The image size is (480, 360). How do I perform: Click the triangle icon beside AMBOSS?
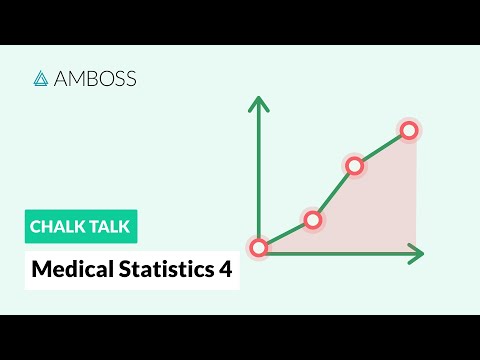41,78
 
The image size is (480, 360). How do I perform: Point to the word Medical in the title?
65,269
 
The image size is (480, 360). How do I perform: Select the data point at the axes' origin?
259,247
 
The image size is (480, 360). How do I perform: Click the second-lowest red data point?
312,220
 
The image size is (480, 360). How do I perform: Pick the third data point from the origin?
354,166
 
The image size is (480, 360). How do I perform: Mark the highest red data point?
408,130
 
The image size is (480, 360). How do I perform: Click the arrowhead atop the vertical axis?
259,102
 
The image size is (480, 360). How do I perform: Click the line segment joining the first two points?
286,234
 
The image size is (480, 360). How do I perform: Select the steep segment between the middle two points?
333,193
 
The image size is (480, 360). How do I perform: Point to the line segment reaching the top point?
381,148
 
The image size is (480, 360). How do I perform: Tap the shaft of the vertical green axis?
259,170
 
